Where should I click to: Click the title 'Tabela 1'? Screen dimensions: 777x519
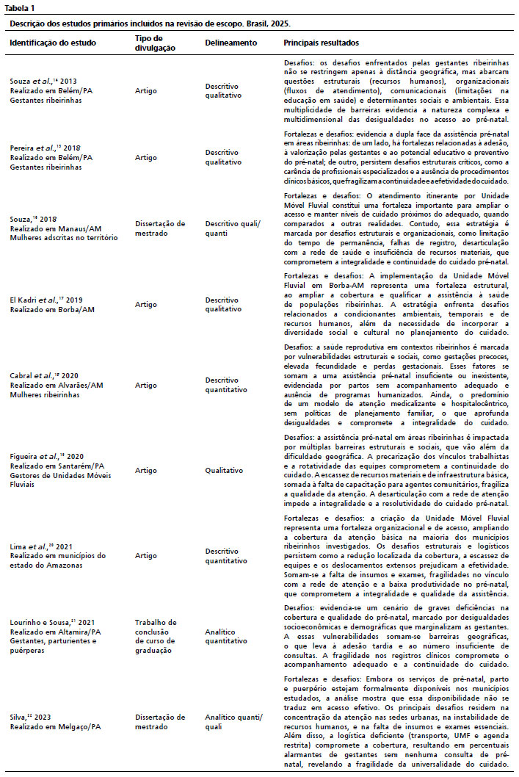tap(23, 7)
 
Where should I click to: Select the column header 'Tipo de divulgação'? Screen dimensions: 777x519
tap(154, 43)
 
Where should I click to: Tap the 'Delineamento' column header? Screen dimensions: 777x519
tap(231, 43)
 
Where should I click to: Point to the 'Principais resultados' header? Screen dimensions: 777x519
tap(322, 43)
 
